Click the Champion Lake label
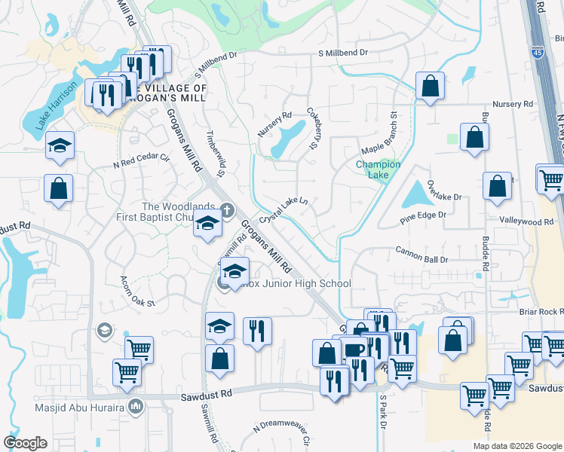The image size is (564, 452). coord(378,169)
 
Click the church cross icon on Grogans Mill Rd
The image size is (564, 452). coord(225,210)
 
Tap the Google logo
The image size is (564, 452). coord(25,443)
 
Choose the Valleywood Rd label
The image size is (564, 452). coord(526,221)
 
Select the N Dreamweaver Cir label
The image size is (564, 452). coord(282,435)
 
